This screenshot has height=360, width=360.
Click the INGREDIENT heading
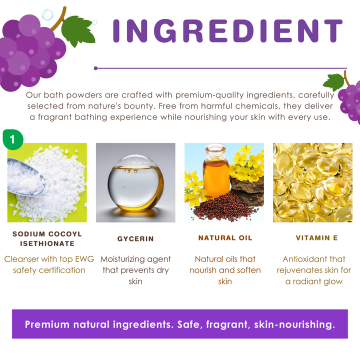point(227,31)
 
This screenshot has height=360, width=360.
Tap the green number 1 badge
point(13,139)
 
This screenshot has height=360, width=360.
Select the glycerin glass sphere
point(135,182)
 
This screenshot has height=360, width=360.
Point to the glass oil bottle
point(216,171)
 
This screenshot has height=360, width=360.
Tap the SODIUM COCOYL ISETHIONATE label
point(47,239)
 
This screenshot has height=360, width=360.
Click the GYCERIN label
point(135,239)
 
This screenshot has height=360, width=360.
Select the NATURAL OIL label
point(225,238)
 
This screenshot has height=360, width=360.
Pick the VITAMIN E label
point(317,238)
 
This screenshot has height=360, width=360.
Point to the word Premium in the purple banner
point(47,324)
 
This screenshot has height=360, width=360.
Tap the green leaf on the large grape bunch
point(78,31)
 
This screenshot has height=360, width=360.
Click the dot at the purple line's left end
point(95,68)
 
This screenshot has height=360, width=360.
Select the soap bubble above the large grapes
point(47,14)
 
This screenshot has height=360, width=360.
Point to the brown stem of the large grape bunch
point(59,20)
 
